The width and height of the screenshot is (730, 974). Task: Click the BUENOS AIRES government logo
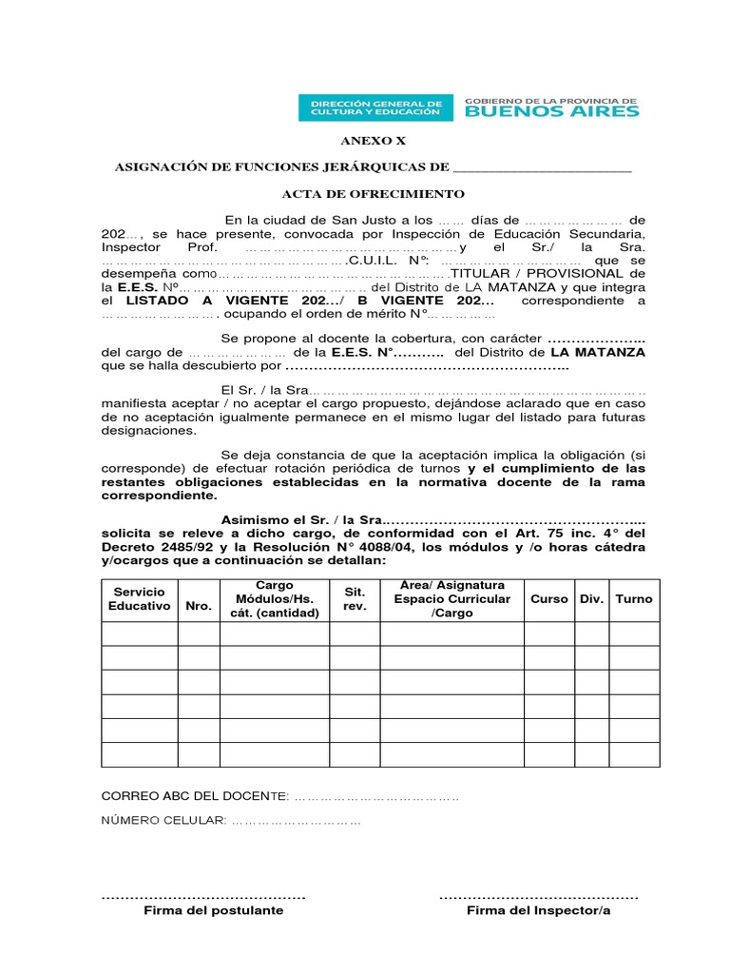click(x=552, y=107)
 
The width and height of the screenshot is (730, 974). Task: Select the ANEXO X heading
click(x=366, y=140)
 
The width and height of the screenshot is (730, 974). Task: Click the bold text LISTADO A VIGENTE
click(x=203, y=300)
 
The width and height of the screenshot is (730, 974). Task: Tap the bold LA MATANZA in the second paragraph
click(x=597, y=351)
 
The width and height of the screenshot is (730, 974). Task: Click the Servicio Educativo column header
click(x=140, y=598)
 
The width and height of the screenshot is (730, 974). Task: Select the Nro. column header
click(x=199, y=605)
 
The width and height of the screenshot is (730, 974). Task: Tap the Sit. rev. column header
click(x=355, y=598)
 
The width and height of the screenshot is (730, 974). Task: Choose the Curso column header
click(x=549, y=599)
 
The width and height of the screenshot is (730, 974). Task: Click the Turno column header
click(x=634, y=599)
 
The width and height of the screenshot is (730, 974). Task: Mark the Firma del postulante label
click(x=213, y=910)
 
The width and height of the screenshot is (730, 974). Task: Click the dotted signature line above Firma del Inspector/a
click(x=538, y=896)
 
